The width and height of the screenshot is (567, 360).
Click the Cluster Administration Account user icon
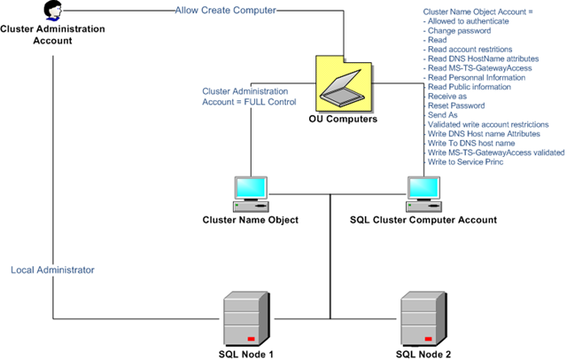[53, 12]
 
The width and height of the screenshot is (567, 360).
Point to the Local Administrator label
[53, 269]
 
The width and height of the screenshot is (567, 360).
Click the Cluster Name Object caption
[251, 220]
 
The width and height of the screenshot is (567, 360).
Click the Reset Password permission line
[454, 106]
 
